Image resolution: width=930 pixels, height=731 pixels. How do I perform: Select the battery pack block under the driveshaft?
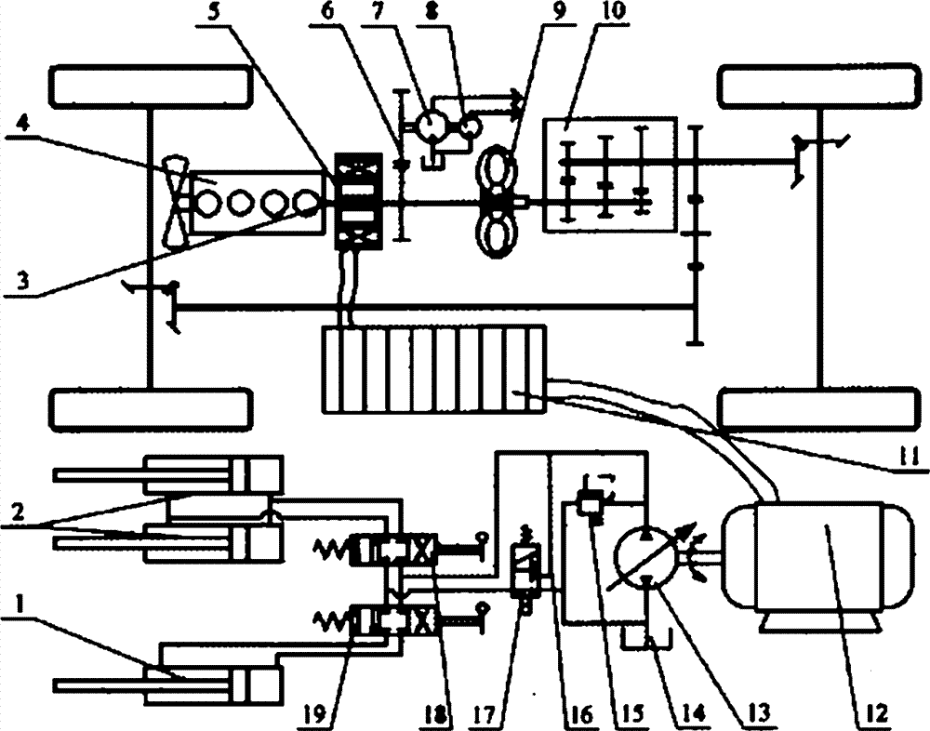pos(433,367)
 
